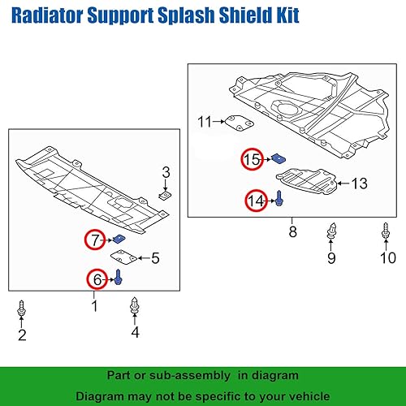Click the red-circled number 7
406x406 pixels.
(x=96, y=240)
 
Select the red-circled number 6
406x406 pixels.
(x=97, y=279)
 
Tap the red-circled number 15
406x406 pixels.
(x=253, y=159)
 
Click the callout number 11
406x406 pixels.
(x=204, y=122)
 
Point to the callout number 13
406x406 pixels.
(x=359, y=184)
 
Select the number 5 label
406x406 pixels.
(x=155, y=258)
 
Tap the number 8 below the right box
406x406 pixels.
(x=292, y=232)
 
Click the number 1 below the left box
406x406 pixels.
(x=94, y=306)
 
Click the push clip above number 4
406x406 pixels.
(x=135, y=308)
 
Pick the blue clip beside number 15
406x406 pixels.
(x=279, y=158)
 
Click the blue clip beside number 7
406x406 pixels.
(x=119, y=238)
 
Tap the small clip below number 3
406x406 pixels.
(x=165, y=194)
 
